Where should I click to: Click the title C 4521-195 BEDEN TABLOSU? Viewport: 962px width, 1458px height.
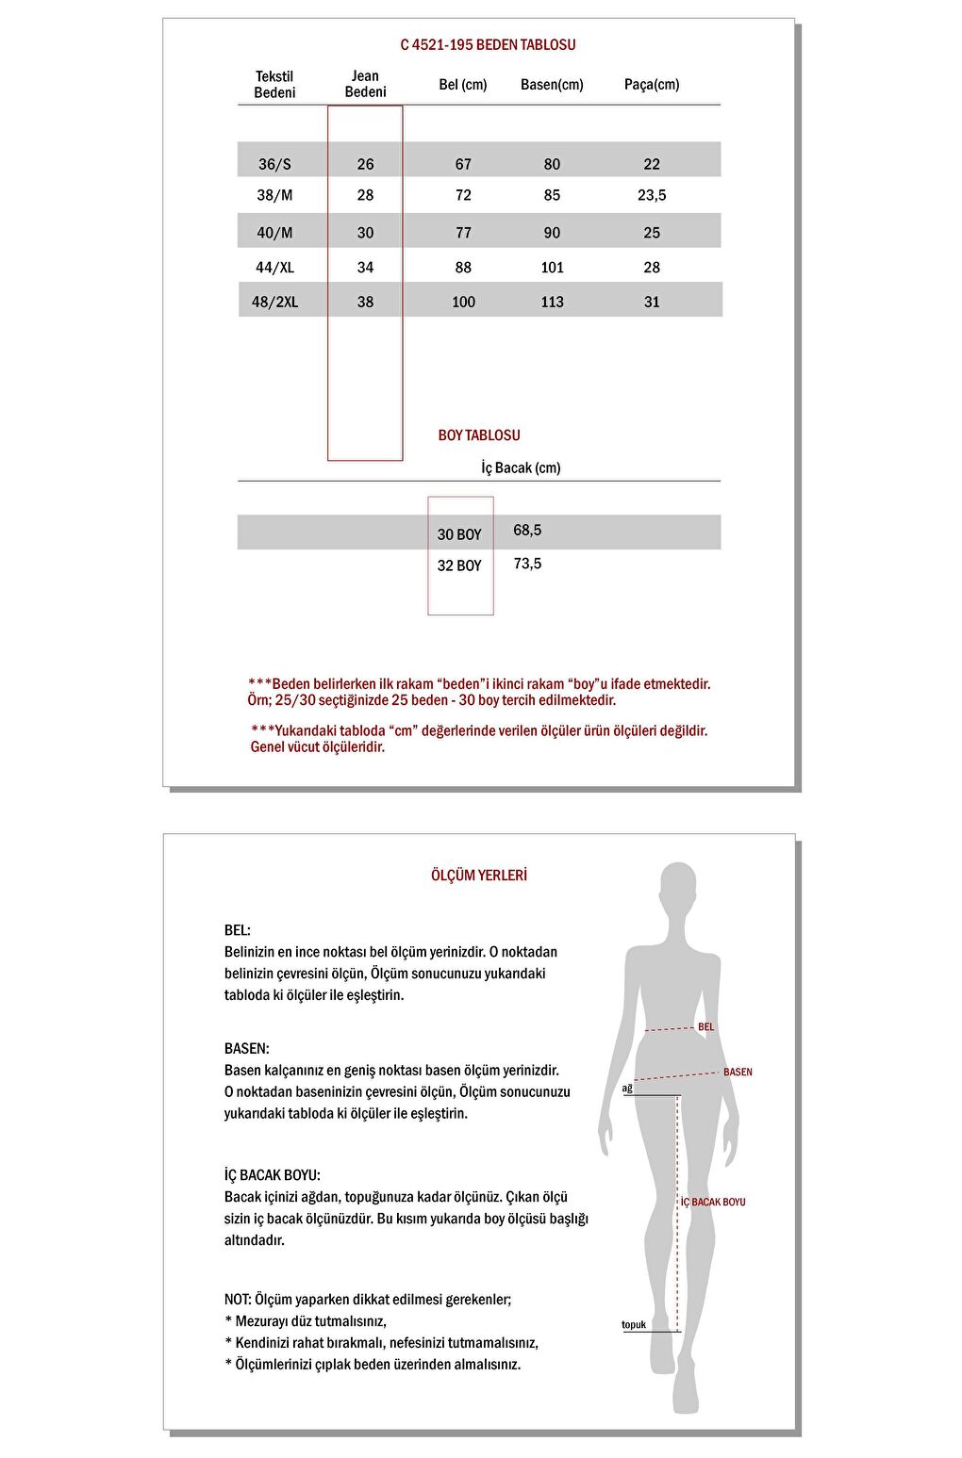coord(488,44)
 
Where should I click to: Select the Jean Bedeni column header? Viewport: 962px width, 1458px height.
coord(365,84)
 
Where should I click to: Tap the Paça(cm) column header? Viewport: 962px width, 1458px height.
coord(652,85)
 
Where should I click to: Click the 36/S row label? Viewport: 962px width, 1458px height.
coord(274,164)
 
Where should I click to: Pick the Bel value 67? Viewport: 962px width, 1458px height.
coord(463,164)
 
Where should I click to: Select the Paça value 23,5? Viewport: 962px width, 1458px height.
coord(652,195)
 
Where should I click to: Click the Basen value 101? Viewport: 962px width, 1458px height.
coord(552,268)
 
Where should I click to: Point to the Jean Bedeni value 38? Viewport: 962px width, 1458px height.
coord(365,303)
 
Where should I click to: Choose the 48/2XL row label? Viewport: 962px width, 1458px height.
coord(274,303)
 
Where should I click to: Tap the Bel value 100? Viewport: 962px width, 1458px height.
coord(463,303)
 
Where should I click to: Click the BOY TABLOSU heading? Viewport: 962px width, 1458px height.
coord(479,435)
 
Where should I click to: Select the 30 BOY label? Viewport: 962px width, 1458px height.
coord(459,534)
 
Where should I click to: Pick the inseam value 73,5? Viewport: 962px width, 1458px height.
coord(527,564)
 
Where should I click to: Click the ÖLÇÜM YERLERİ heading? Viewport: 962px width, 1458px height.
coord(479,876)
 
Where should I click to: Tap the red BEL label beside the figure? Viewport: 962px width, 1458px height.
coord(705,1027)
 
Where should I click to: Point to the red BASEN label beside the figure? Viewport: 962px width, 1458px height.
coord(738,1073)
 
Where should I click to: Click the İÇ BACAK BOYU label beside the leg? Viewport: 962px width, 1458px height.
coord(713,1203)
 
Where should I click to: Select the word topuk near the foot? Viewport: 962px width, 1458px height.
coord(634,1325)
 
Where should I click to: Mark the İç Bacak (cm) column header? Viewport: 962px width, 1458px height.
coord(521,468)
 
